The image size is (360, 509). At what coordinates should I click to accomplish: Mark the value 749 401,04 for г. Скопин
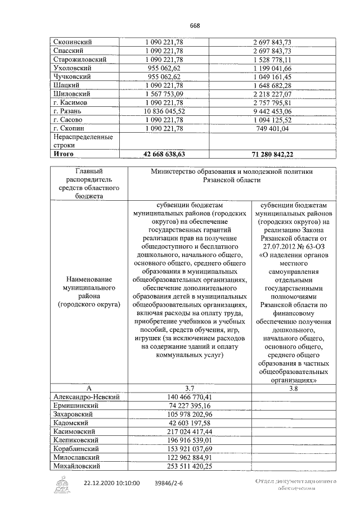coord(280,129)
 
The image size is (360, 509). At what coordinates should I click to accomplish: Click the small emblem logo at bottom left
coord(61,484)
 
